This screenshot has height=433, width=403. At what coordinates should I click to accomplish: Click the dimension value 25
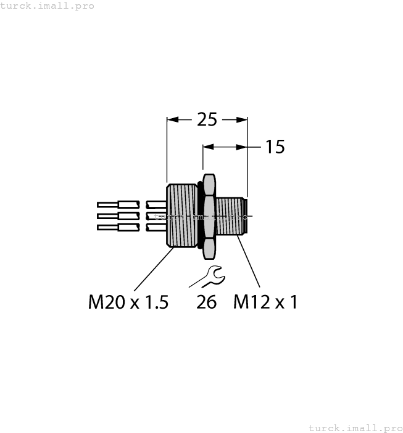[207, 119]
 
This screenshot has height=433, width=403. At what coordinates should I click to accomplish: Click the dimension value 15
[275, 147]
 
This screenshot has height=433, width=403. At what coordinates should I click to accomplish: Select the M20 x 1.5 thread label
[128, 302]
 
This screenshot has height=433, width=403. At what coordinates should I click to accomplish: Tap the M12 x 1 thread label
[265, 302]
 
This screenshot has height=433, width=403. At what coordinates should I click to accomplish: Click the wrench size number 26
[207, 302]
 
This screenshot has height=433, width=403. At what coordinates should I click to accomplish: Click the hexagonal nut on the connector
[209, 216]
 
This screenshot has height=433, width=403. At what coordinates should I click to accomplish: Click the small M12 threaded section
[230, 216]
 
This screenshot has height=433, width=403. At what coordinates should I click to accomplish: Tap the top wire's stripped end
[106, 204]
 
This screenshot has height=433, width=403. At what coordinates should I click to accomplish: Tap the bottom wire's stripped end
[106, 228]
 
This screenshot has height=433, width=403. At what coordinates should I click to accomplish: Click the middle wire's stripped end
[106, 216]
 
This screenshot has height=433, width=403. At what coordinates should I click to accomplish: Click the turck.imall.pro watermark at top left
[48, 6]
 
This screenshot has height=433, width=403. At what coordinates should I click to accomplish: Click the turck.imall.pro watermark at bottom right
[355, 427]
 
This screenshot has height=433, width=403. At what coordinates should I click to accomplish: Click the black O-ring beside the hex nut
[199, 216]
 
